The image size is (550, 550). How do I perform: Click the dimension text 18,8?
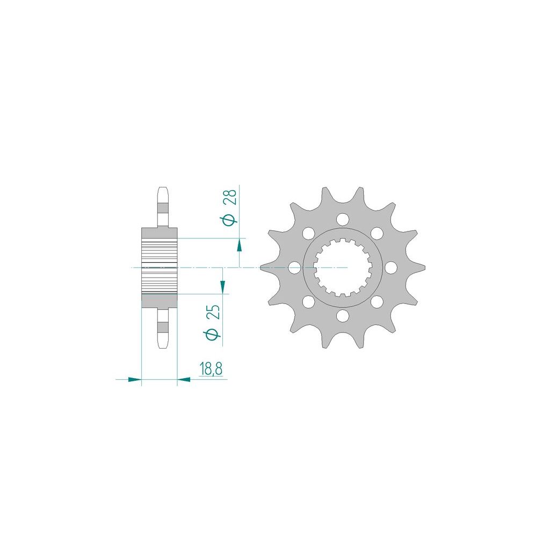[211, 369]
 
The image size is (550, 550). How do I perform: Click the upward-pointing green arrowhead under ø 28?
[240, 245]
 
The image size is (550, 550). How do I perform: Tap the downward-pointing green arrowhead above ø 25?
[222, 286]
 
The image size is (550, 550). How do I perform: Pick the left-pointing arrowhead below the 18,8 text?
[184, 379]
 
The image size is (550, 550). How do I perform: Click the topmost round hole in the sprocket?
[343, 220]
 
